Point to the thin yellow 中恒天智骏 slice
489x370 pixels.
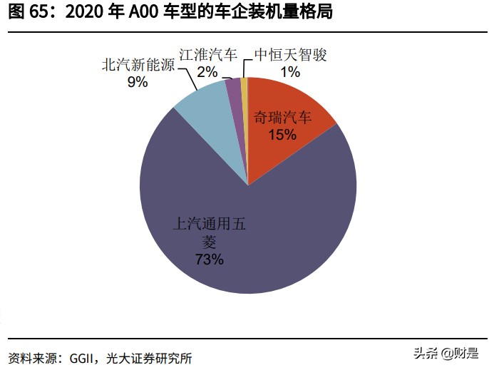pos(244,86)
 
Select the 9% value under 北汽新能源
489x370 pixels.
pos(137,82)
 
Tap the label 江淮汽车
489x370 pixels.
pos(207,55)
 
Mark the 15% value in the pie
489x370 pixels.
pos(282,134)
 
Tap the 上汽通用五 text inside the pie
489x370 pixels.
pos(210,223)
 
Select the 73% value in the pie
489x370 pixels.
pos(210,259)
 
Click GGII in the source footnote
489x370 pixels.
pos(85,357)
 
